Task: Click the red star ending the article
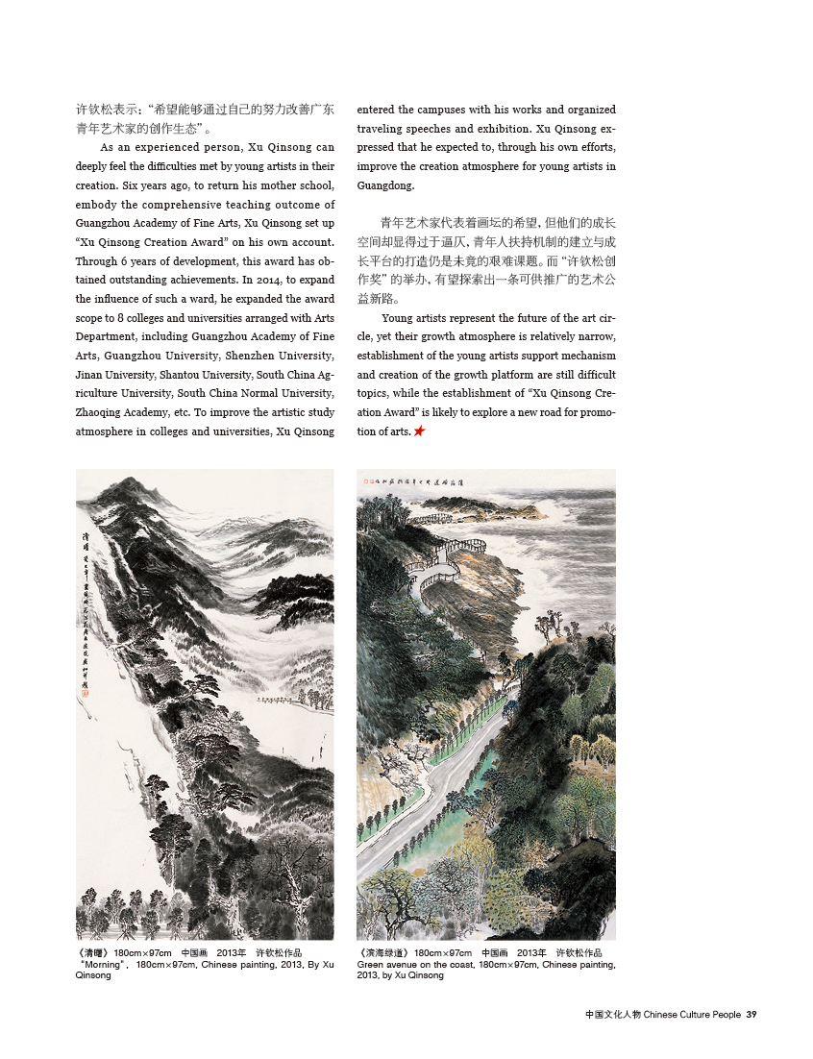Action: [419, 432]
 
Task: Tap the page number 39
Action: [752, 1014]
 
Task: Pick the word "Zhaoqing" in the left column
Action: [99, 412]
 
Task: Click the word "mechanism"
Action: [587, 356]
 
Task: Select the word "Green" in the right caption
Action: [371, 964]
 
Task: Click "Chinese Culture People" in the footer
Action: [692, 1014]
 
